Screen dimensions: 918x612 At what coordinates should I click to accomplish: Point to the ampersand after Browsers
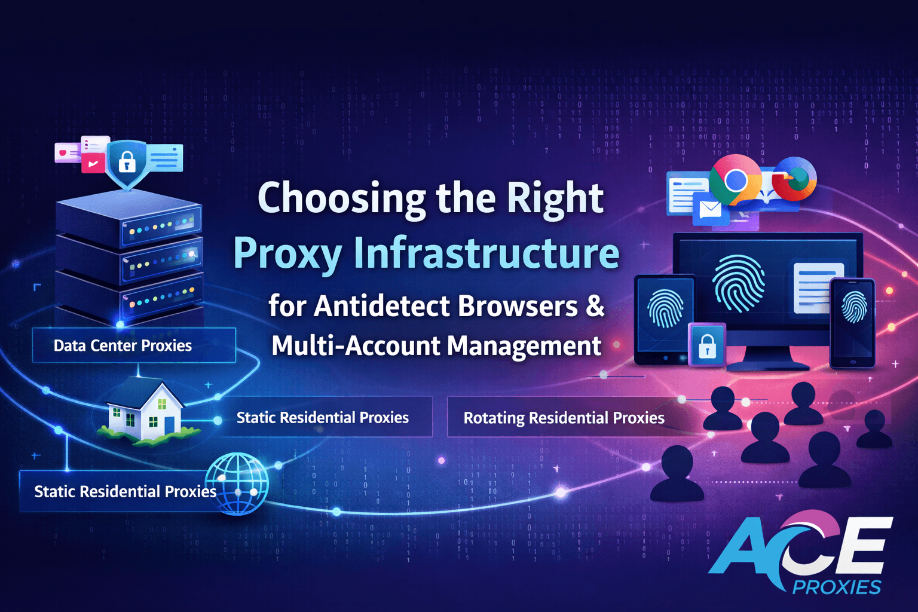tap(595, 305)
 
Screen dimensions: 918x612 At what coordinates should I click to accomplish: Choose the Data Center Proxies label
tap(123, 345)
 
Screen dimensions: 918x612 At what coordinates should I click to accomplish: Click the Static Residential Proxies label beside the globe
tap(126, 491)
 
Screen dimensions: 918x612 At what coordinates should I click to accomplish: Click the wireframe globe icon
tap(237, 484)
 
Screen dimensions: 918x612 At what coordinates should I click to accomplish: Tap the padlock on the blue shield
tap(127, 161)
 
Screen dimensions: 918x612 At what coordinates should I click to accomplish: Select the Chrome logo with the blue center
tap(736, 179)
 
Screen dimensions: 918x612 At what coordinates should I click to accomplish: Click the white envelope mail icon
tap(710, 209)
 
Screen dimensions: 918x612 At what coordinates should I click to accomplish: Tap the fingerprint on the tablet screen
tap(665, 308)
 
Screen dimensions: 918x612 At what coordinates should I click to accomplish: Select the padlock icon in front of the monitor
tap(708, 346)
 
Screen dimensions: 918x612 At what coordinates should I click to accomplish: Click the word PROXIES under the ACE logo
tap(837, 587)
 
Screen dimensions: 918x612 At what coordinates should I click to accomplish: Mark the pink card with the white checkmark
tap(93, 164)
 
